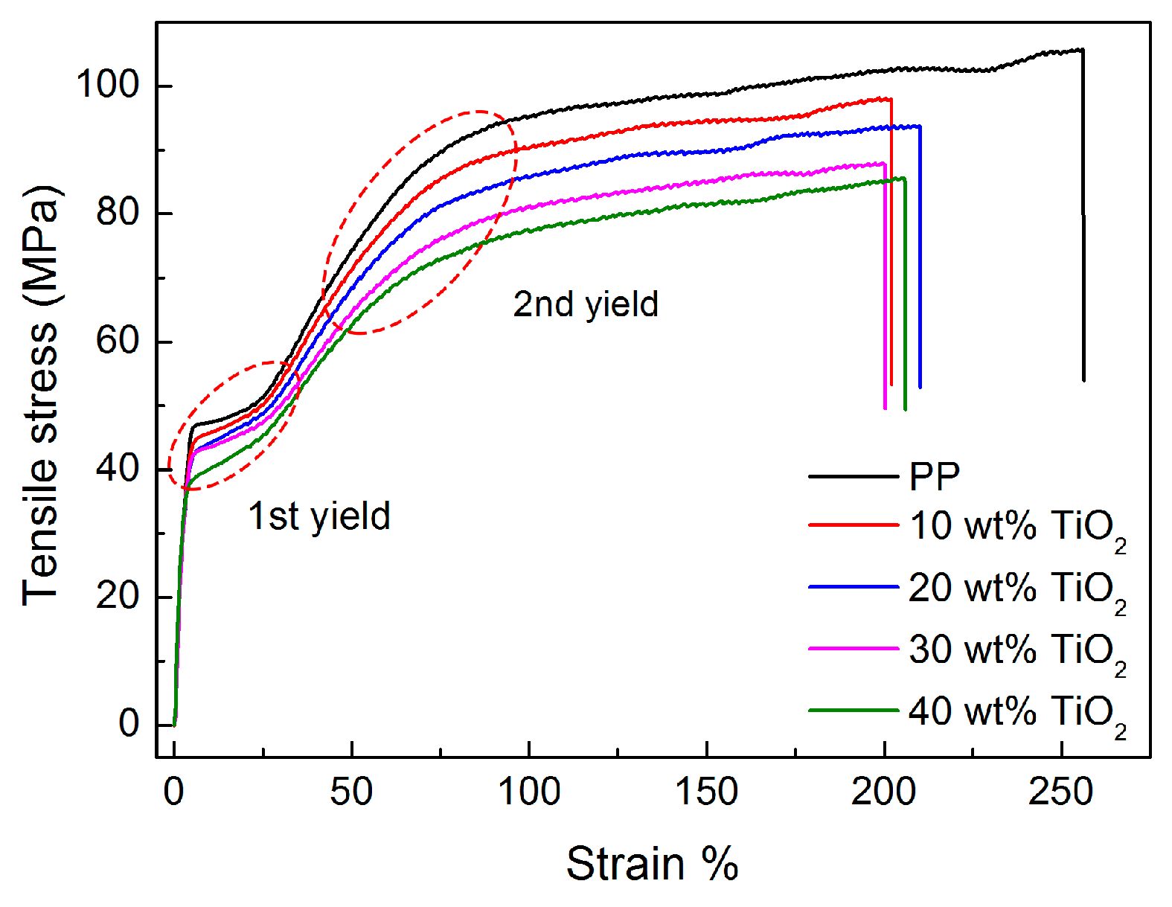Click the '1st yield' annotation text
pos(318,516)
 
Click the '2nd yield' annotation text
pos(586,304)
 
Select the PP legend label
pos(935,476)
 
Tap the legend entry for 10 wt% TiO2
pos(1016,527)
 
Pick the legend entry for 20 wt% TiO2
pos(1016,589)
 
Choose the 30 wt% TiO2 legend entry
pos(1016,650)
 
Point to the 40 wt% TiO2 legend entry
pos(1016,712)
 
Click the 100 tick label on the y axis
pos(109,85)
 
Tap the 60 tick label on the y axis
pos(118,341)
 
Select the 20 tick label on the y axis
pos(118,596)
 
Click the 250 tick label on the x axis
pos(1060,792)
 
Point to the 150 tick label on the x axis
pos(706,792)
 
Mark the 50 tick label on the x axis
pos(351,792)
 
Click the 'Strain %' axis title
pos(652,865)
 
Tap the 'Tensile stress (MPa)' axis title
pos(40,394)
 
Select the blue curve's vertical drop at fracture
pos(920,260)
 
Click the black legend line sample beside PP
pos(854,476)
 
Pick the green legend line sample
pos(854,711)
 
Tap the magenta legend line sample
pos(854,649)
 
